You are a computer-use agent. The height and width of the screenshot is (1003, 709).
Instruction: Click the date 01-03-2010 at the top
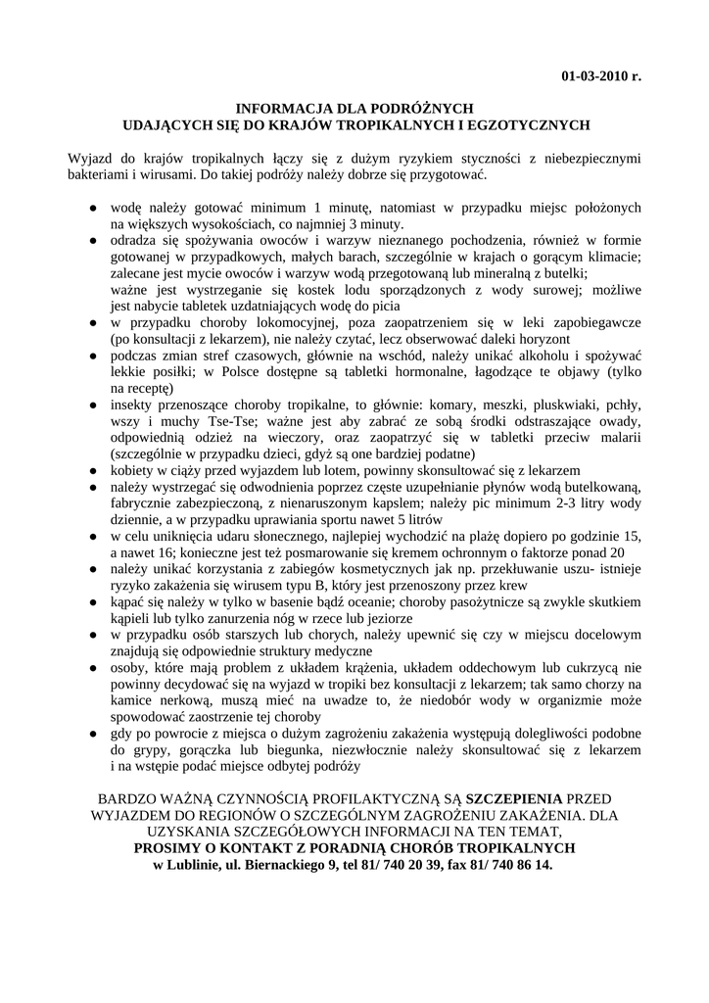[x=593, y=75]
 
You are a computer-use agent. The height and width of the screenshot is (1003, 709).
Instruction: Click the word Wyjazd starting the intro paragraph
[x=91, y=159]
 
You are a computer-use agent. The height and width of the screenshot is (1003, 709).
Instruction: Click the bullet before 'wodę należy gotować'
[x=91, y=209]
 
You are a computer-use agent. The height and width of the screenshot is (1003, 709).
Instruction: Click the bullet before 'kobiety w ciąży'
[x=91, y=470]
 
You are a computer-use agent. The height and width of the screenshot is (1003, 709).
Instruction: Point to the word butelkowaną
[x=595, y=487]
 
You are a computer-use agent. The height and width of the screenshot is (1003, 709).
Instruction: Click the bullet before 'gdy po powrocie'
[x=91, y=732]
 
